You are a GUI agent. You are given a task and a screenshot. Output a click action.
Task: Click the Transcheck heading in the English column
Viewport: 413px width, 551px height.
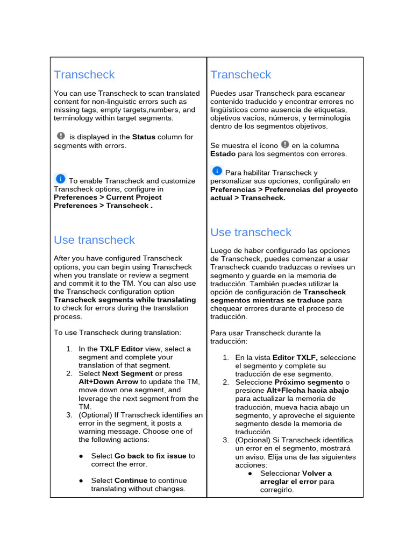coord(84,75)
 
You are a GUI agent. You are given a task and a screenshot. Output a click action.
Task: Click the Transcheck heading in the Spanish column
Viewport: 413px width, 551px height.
coord(240,75)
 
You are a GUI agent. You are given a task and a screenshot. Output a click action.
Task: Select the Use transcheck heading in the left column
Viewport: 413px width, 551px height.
coord(94,240)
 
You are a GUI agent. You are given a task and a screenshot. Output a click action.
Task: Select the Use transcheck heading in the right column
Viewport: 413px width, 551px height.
coord(251,232)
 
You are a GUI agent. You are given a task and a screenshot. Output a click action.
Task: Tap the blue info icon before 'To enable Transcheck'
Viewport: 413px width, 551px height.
coord(60,179)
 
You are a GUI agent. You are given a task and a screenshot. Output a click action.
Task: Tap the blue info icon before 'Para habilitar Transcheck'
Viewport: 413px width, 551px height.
coord(217,171)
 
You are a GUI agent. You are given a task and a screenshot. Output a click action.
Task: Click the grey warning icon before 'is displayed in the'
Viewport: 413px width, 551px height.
coord(61,136)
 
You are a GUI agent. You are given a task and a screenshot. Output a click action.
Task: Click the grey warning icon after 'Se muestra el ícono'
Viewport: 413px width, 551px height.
coord(285,144)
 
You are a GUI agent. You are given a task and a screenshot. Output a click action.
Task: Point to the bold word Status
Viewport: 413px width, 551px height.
coord(144,137)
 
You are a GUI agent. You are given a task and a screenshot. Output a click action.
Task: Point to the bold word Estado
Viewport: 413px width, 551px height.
coord(223,154)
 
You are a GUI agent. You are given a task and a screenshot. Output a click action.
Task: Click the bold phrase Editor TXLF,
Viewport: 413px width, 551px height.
coord(295,357)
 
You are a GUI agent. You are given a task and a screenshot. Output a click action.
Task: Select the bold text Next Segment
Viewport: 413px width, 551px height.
coord(127,373)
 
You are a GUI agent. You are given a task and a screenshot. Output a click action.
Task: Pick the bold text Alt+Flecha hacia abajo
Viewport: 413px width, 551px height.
coord(308,391)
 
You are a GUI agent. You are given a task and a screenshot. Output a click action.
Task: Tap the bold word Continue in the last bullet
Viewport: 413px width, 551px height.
coord(131,481)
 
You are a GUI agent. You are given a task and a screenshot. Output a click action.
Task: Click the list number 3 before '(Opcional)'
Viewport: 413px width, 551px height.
coord(226,440)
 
